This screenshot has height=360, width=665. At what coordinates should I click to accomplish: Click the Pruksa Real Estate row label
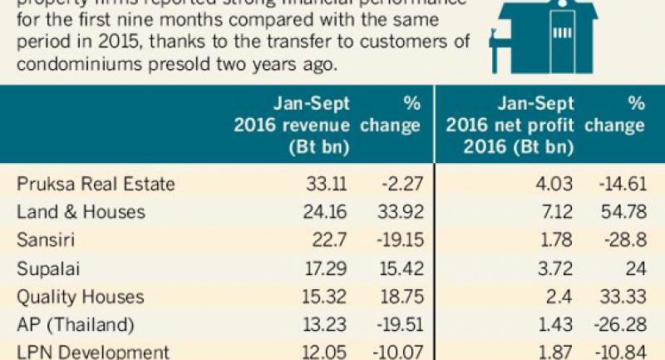96,184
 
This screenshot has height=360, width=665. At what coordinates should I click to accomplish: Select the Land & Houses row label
81,212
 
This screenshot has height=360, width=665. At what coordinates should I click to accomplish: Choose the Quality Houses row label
80,296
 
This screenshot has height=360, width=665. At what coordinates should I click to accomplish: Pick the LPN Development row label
91,351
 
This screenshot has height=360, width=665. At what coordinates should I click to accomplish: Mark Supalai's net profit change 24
635,268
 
